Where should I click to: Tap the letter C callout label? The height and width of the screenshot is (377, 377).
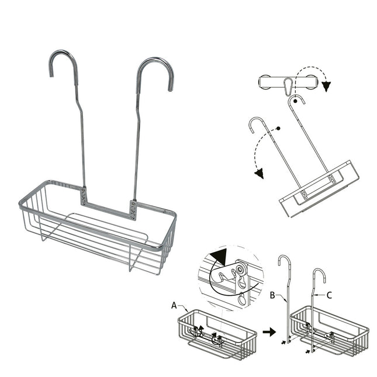click(328, 295)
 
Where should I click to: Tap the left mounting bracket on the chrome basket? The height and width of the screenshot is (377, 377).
click(84, 196)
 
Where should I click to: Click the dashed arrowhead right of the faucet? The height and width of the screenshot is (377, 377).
click(327, 87)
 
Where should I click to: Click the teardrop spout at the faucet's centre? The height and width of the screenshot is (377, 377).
click(287, 87)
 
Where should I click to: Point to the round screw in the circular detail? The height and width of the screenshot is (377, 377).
click(239, 269)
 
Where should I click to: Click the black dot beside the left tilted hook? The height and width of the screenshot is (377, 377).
click(279, 127)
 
